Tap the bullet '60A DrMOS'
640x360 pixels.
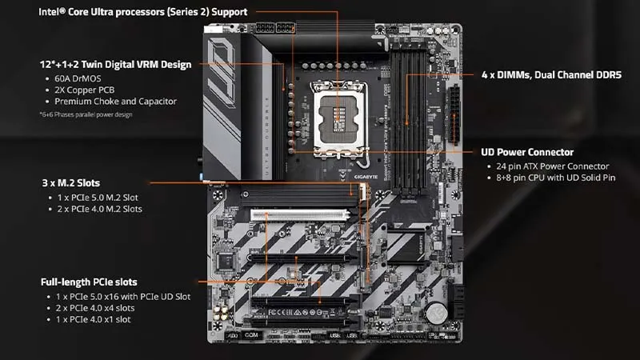click(80, 79)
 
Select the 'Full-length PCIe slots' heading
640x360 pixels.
click(88, 282)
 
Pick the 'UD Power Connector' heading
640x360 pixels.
click(526, 152)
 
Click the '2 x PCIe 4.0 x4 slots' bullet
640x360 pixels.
click(94, 308)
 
